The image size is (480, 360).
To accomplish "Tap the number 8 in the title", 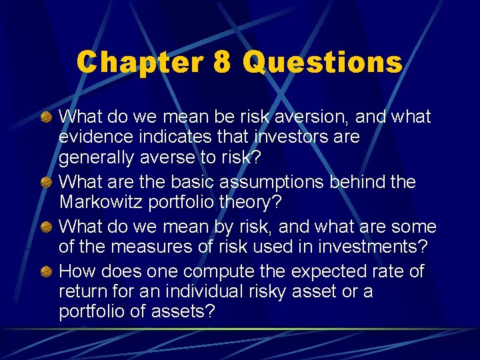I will pyautogui.click(x=222, y=63).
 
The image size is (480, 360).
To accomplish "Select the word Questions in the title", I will pyautogui.click(x=323, y=63).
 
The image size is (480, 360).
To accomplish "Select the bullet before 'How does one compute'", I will pyautogui.click(x=46, y=272).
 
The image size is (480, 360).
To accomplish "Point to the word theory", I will pyautogui.click(x=260, y=203).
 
